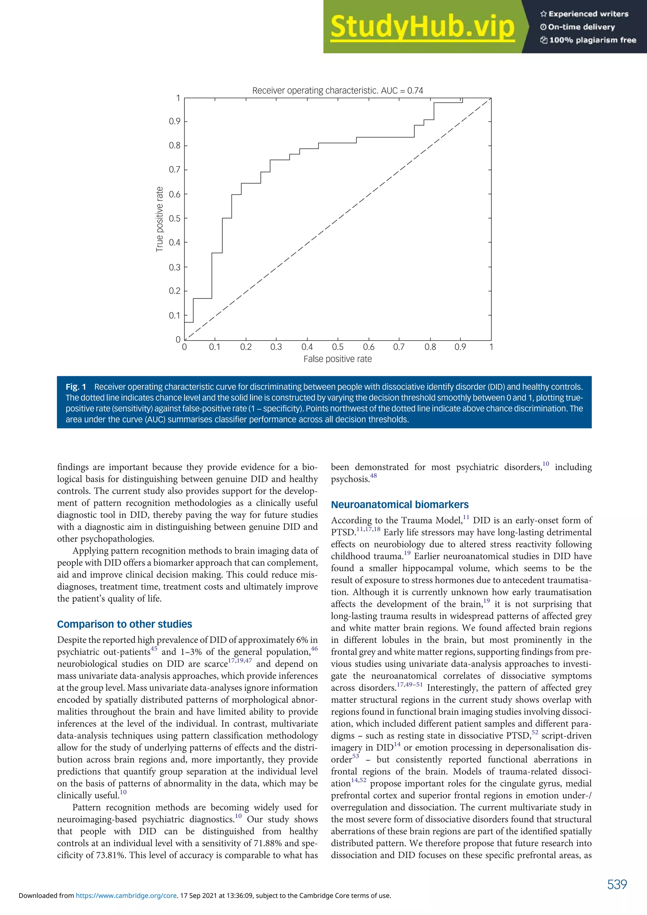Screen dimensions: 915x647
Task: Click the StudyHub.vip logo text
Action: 422,27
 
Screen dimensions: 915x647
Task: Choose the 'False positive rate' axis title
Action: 337,359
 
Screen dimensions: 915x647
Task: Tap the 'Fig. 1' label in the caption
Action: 76,387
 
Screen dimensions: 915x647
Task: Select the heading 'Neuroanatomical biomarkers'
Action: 400,505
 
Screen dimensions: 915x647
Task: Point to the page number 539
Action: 617,885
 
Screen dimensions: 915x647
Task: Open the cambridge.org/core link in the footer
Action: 126,895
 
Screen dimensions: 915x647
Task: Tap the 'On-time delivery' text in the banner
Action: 581,27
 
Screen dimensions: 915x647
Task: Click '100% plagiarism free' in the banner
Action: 592,40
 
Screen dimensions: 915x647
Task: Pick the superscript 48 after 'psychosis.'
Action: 373,476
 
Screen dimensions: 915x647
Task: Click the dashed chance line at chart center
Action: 337,219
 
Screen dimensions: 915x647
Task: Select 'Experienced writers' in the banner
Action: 588,14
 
